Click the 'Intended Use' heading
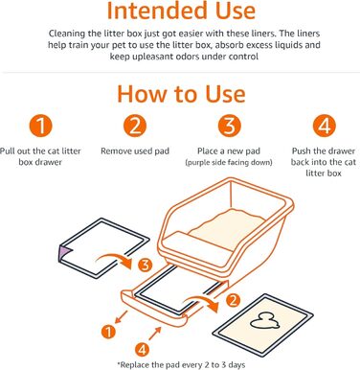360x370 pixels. (x=180, y=12)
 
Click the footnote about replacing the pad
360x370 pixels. (x=180, y=361)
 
